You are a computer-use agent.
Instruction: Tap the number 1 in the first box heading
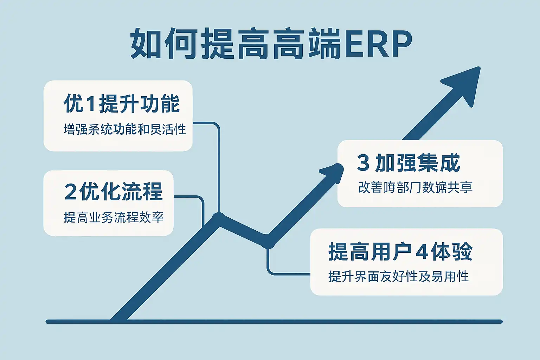(x=90, y=104)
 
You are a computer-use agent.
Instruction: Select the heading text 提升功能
(x=139, y=104)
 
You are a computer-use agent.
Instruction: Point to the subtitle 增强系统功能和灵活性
(x=124, y=129)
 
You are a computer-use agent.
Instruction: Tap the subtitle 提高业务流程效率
(x=113, y=217)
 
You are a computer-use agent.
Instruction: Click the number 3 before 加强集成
(x=363, y=163)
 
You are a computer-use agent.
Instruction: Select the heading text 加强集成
(x=417, y=163)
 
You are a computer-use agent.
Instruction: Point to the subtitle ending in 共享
(x=415, y=187)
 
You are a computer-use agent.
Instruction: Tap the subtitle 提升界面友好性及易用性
(x=398, y=277)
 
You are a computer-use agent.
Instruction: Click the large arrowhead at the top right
(x=464, y=83)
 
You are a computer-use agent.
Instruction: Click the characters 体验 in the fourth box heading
(x=452, y=252)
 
